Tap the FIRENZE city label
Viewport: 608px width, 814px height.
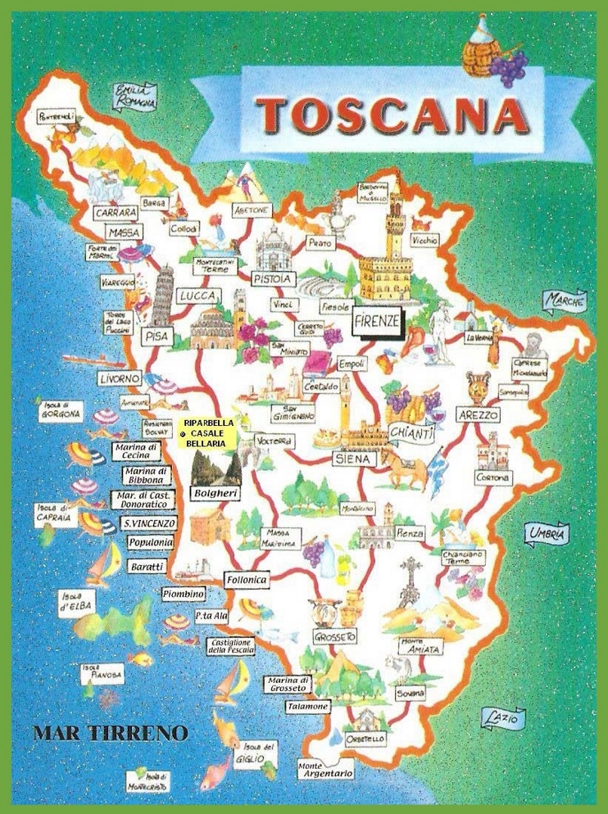tap(377, 321)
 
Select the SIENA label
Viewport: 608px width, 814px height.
tap(354, 459)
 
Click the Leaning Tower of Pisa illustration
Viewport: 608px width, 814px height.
tap(164, 295)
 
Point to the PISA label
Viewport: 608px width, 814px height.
tap(153, 336)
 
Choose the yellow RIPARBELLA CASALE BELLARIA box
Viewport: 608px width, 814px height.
tap(209, 432)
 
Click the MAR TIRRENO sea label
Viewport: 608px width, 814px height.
tap(111, 732)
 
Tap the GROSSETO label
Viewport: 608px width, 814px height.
tap(334, 636)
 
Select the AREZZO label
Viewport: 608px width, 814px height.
tap(478, 415)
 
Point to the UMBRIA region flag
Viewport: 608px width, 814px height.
tap(547, 534)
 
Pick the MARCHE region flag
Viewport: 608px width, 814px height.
tap(565, 301)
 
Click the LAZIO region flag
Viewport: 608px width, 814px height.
tap(501, 719)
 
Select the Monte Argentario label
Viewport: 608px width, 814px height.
tap(325, 768)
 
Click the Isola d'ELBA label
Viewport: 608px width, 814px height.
tap(75, 603)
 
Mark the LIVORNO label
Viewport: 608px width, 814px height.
tap(120, 379)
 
